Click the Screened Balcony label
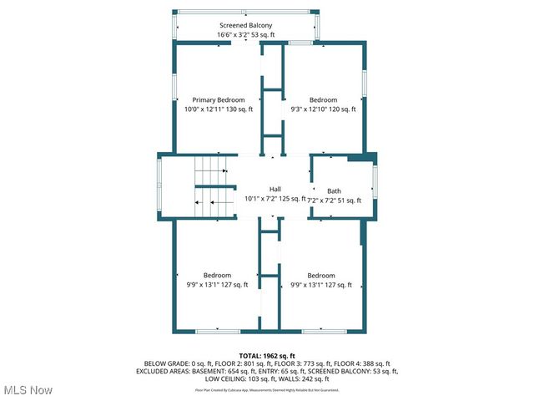point(245,26)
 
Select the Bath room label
point(334,190)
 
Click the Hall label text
point(275,189)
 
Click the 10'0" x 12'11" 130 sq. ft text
point(219,109)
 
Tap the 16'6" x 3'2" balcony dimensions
point(245,35)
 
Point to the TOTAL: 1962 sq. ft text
point(267,356)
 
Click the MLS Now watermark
point(28,390)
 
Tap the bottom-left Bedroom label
point(217,276)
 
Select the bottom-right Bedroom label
point(320,276)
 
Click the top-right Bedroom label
point(323,99)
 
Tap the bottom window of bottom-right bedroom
point(324,332)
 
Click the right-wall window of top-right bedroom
point(365,92)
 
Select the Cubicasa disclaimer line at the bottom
point(267,389)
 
